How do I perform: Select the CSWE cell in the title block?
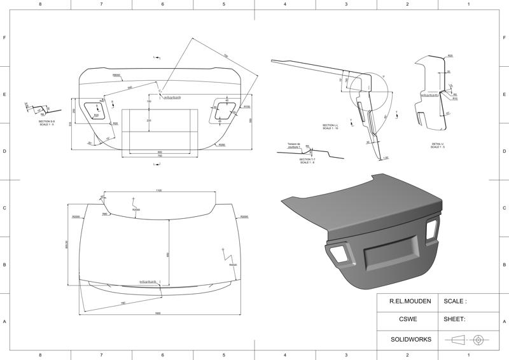[408, 319]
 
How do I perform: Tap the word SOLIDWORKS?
[410, 339]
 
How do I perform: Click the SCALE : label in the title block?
[455, 301]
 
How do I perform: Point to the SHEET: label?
[455, 319]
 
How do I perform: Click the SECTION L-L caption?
[330, 127]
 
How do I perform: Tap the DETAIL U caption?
[438, 146]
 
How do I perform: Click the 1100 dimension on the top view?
[158, 190]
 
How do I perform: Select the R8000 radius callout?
[116, 75]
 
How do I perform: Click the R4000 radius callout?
[233, 265]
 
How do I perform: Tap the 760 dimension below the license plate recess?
[160, 156]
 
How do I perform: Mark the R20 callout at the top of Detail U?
[450, 56]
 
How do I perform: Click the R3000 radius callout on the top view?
[136, 209]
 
